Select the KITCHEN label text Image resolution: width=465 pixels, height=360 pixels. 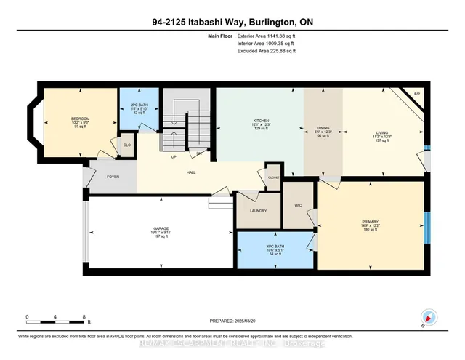(x=262, y=121)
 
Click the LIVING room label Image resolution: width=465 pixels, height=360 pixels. (x=381, y=132)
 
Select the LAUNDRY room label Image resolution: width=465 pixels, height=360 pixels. (x=257, y=211)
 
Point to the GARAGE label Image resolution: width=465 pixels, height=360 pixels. (x=161, y=228)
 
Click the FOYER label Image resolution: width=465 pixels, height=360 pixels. (x=113, y=176)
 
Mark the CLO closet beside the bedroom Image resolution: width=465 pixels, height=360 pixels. (x=126, y=145)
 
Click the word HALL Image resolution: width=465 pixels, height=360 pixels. (x=191, y=172)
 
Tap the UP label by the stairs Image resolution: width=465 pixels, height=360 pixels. (x=173, y=156)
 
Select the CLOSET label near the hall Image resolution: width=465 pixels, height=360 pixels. (x=273, y=177)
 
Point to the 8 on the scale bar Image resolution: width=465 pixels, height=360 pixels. (x=84, y=318)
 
